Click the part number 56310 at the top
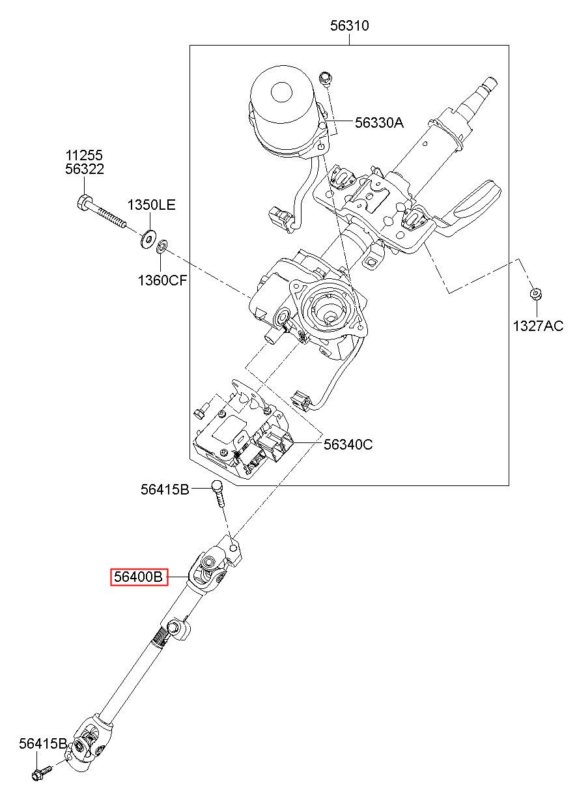(349, 25)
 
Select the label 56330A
(379, 122)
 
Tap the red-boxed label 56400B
(139, 577)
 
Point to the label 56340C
(348, 444)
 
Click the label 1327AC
(538, 326)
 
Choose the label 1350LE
(151, 205)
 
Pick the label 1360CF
(162, 280)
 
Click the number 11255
(84, 155)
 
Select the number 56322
(85, 169)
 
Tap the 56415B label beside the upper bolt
(165, 489)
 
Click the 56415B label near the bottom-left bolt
(43, 743)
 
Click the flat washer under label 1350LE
(148, 239)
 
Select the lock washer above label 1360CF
(162, 246)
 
